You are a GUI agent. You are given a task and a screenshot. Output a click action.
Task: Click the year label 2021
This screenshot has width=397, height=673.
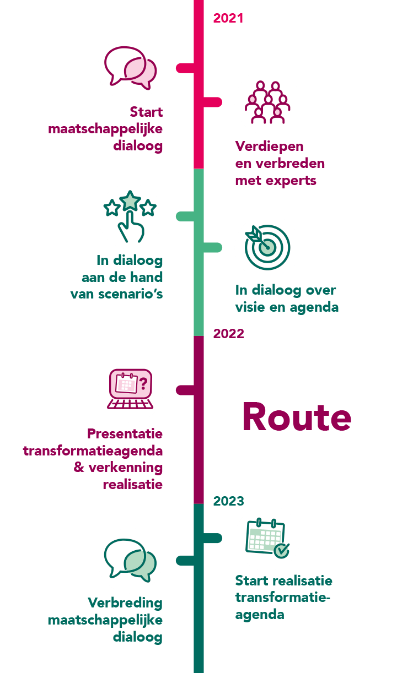tap(228, 18)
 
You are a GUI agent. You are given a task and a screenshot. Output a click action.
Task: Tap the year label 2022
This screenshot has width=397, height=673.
tap(228, 334)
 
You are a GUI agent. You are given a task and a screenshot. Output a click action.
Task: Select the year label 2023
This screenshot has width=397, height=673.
tap(228, 501)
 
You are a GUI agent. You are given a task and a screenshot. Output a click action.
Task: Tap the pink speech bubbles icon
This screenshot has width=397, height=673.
tap(131, 68)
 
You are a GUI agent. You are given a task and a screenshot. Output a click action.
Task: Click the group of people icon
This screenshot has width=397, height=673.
tap(267, 102)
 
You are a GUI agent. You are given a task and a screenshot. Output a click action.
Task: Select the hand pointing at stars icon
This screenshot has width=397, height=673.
tap(131, 216)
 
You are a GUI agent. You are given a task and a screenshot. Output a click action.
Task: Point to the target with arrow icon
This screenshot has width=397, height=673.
tap(267, 247)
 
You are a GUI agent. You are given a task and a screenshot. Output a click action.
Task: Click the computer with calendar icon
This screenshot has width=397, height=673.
tap(131, 389)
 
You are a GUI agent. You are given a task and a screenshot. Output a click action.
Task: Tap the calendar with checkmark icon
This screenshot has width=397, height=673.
tap(267, 538)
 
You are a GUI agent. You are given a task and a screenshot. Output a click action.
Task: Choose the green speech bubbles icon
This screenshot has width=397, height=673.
tap(131, 560)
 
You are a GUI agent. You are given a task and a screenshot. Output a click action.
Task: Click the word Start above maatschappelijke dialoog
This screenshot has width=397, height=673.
tap(146, 112)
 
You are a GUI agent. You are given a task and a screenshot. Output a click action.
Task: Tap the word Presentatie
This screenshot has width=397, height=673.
tap(125, 434)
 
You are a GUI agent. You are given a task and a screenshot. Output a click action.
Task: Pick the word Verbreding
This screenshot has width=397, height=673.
tap(125, 603)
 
